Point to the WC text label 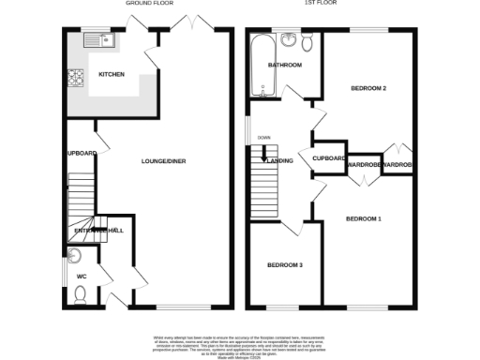(x=81, y=277)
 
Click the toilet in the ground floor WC (x=82, y=295)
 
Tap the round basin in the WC (x=75, y=256)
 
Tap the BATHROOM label (x=284, y=66)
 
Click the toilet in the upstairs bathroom (x=292, y=39)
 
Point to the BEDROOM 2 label (x=368, y=88)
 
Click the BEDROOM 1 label (x=364, y=219)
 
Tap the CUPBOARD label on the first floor (x=330, y=158)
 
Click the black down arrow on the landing (x=265, y=154)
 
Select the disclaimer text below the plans (x=240, y=344)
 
